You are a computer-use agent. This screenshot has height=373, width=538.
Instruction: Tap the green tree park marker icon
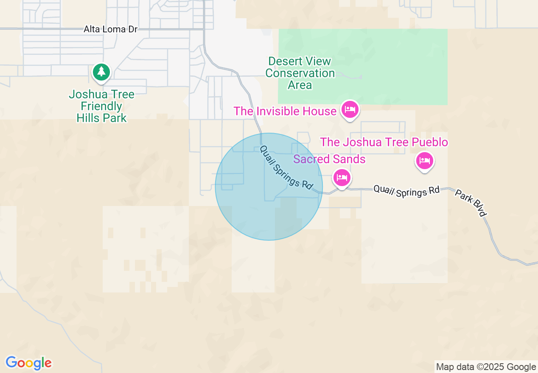[x=101, y=72]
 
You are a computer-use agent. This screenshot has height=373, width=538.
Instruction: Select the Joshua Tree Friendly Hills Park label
[x=101, y=106]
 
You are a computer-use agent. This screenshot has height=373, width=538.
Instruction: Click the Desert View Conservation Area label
[x=300, y=73]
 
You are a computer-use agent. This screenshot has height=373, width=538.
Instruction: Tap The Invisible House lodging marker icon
[x=350, y=109]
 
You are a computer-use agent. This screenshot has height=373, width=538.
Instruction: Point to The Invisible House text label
[x=285, y=111]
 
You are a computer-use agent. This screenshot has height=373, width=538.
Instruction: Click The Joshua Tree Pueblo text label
[x=384, y=142]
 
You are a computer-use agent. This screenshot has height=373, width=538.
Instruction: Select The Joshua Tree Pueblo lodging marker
[x=425, y=161]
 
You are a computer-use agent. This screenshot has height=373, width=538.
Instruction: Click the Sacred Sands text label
[x=329, y=159]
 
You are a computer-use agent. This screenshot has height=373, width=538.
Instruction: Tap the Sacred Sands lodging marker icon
[x=342, y=177]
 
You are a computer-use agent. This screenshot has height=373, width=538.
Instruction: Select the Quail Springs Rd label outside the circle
[x=406, y=191]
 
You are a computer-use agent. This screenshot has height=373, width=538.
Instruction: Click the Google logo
[x=28, y=363]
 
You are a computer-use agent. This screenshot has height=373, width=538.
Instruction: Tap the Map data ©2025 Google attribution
[x=486, y=367]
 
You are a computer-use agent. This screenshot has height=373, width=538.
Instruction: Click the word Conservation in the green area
[x=300, y=73]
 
